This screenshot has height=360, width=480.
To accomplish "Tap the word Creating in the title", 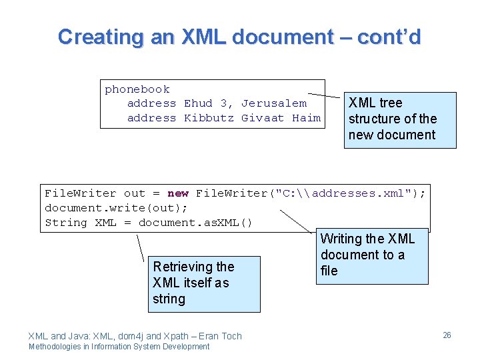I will pyautogui.click(x=101, y=37).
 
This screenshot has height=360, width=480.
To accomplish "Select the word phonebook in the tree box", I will pyautogui.click(x=137, y=89).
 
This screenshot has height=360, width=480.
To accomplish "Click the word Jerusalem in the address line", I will pyautogui.click(x=274, y=103).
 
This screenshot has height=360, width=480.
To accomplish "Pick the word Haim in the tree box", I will pyautogui.click(x=306, y=118).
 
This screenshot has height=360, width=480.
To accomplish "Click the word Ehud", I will pyautogui.click(x=198, y=103).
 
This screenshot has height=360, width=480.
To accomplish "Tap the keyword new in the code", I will pyautogui.click(x=178, y=193).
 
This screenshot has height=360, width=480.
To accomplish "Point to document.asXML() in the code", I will pyautogui.click(x=195, y=223).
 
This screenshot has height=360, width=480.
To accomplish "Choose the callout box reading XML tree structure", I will pyautogui.click(x=400, y=119).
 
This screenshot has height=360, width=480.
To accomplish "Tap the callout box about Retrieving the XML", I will pyautogui.click(x=204, y=283).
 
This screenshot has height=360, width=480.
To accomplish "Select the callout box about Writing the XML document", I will pyautogui.click(x=371, y=255).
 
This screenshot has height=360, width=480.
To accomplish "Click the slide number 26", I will pyautogui.click(x=447, y=335).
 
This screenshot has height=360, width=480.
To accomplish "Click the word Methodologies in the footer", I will pyautogui.click(x=59, y=347).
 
